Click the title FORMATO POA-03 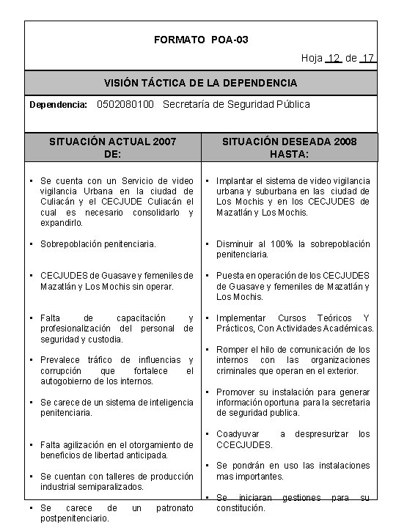click(201, 39)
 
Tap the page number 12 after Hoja click(334, 58)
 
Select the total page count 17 click(369, 58)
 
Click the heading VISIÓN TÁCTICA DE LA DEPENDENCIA click(201, 83)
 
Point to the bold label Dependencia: click(59, 105)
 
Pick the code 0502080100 click(125, 104)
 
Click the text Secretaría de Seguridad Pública click(236, 104)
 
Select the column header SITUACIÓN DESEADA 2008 click(290, 141)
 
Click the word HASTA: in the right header click(290, 154)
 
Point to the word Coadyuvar click(238, 434)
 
